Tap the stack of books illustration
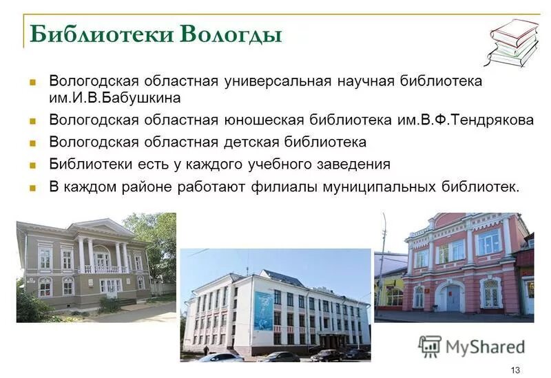(x=513, y=43)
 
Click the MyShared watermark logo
(x=471, y=346)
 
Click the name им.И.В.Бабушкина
(x=114, y=97)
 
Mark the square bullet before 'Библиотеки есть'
(x=32, y=165)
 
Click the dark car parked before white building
(x=278, y=356)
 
